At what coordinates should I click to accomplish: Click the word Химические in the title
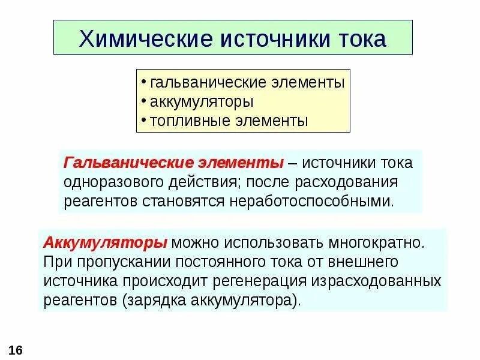click(x=138, y=39)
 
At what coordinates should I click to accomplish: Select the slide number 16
click(x=16, y=350)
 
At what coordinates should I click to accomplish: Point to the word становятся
click(x=184, y=200)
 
